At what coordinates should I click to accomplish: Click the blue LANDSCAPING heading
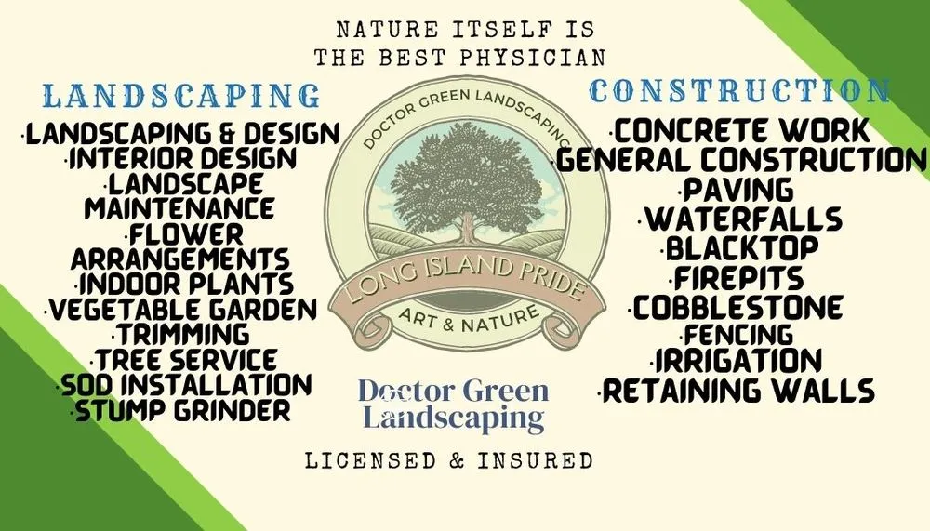182,96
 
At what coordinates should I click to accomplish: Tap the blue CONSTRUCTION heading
740,91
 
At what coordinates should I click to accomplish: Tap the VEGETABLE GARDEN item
184,309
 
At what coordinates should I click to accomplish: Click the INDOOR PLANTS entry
184,284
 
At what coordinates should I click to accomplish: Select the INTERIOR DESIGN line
182,158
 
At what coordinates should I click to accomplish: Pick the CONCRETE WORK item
740,129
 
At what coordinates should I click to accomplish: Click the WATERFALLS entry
742,219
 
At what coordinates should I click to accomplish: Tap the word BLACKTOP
741,249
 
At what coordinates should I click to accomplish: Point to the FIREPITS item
740,278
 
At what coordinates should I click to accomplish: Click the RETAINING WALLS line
738,391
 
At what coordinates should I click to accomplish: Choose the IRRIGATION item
737,361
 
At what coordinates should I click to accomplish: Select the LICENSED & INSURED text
448,460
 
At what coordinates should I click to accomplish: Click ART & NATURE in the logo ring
468,319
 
